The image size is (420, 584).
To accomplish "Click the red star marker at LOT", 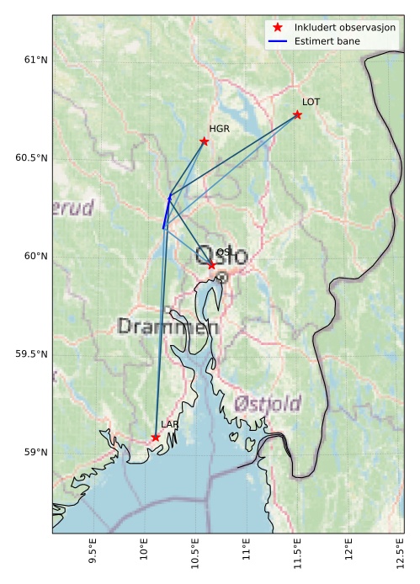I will (x=297, y=114).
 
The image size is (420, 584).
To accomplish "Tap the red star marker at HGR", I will (x=205, y=141).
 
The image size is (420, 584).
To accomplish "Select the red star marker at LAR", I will (x=156, y=437).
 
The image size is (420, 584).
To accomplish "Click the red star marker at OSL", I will (x=211, y=265).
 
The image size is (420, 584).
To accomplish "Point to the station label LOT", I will (x=311, y=102).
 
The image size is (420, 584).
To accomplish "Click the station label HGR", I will (x=219, y=129).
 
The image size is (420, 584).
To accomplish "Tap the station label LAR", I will (x=169, y=425).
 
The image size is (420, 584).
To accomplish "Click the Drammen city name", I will (x=168, y=327).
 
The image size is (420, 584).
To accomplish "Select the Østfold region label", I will (x=268, y=403).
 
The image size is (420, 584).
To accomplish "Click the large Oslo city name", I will (x=221, y=255).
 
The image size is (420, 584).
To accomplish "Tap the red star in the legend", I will (x=278, y=27).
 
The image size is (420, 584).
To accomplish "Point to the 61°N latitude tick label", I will (x=36, y=60).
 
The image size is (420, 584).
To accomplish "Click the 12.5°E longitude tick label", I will (x=399, y=556).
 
